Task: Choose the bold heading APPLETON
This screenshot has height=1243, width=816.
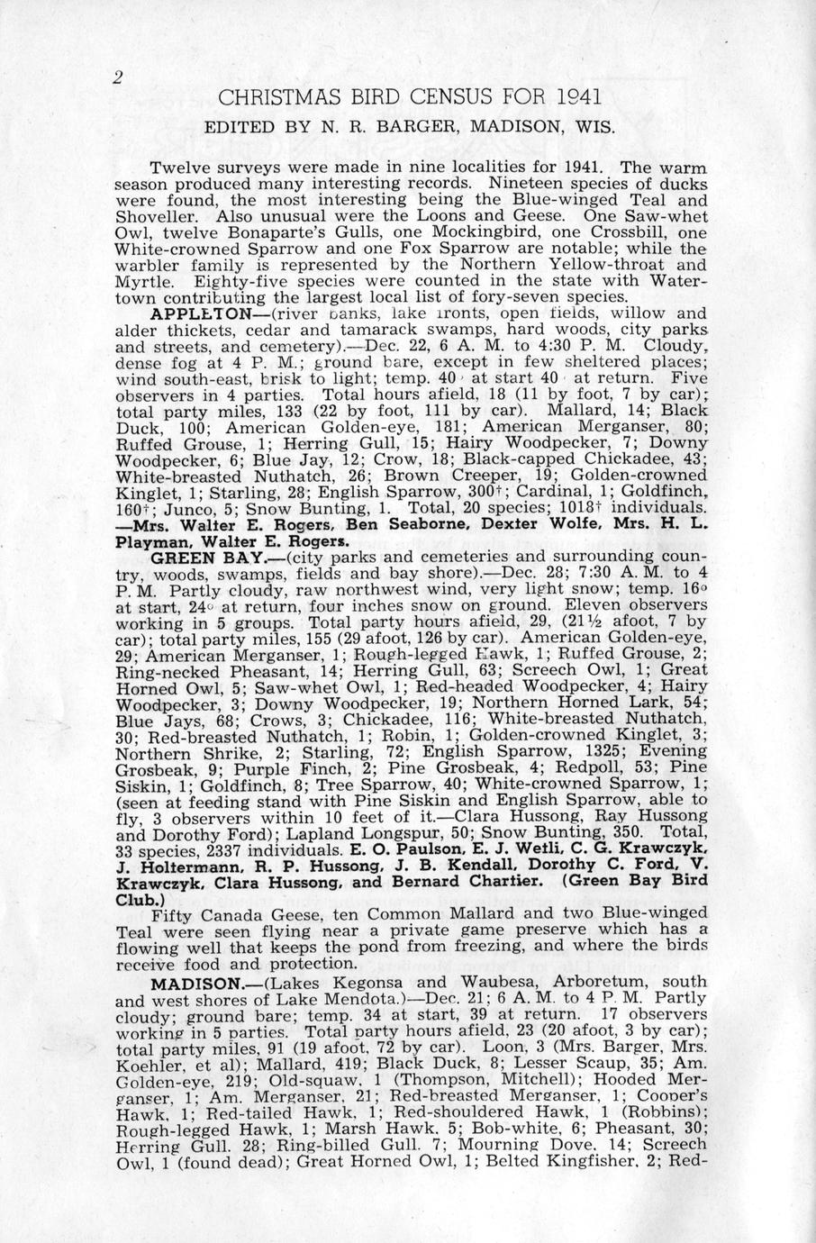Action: pyautogui.click(x=202, y=314)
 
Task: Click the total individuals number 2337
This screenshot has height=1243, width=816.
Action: pyautogui.click(x=233, y=848)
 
